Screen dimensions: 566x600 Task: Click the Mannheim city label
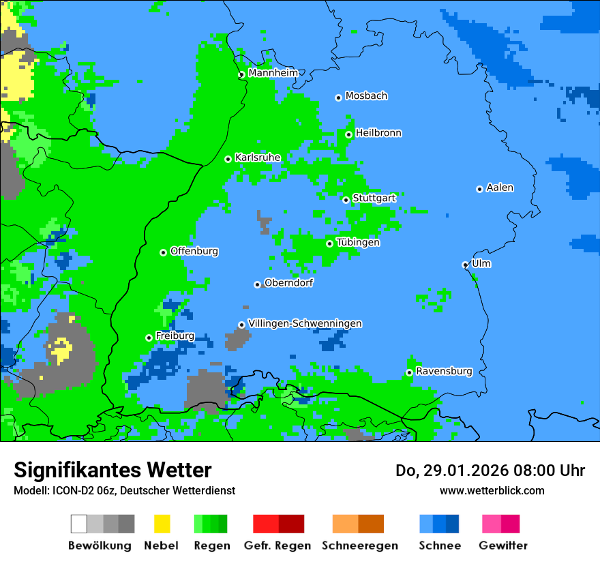point(273,73)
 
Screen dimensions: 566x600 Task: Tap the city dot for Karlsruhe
point(228,159)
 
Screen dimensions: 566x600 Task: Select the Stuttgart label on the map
point(374,198)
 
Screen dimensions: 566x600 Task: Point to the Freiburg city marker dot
point(149,338)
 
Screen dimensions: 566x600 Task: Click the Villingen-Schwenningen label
point(305,323)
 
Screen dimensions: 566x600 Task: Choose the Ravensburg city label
point(444,371)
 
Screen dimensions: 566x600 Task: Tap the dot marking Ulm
point(466,265)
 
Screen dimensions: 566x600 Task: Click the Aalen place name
point(500,188)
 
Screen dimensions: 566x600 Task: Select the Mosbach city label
point(366,96)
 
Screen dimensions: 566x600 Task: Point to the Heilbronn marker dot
point(348,134)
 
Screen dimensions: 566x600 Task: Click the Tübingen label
point(358,242)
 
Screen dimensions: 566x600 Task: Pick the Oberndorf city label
point(288,283)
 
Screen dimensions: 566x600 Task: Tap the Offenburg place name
point(194,251)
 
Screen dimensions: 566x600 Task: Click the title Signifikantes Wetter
point(112,470)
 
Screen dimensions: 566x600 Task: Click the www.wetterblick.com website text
point(492,490)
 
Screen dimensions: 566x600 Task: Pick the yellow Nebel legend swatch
point(162,524)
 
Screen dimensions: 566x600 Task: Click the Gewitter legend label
point(502,546)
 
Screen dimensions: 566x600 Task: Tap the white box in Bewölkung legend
point(78,524)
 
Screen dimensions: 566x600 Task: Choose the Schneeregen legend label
point(359,546)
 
